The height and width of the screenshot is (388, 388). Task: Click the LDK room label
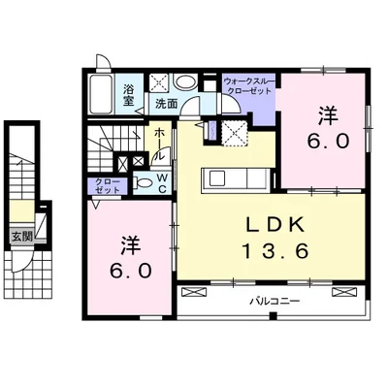click(x=275, y=224)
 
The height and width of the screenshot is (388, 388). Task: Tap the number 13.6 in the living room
click(x=275, y=251)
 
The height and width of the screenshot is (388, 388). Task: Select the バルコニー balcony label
click(x=275, y=302)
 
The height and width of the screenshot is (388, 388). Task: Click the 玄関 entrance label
click(x=21, y=237)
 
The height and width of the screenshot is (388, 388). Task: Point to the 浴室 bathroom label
click(x=128, y=95)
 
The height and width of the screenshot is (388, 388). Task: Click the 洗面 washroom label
click(x=167, y=104)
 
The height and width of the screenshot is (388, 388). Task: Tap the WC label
click(x=162, y=183)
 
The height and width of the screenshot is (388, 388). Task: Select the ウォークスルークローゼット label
click(x=249, y=85)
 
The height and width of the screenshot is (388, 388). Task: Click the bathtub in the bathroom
click(x=101, y=94)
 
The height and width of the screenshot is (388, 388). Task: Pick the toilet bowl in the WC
click(x=143, y=183)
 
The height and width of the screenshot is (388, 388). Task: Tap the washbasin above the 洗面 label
click(x=185, y=82)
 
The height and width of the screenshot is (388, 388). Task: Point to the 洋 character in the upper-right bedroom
click(x=328, y=116)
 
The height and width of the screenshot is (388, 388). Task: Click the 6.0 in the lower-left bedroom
click(x=131, y=271)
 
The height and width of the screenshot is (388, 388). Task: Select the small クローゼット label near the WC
click(x=108, y=185)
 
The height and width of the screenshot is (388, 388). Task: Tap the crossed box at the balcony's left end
click(x=194, y=292)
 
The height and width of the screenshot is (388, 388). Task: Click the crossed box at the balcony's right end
click(x=344, y=292)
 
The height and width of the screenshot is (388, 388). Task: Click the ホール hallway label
click(x=159, y=145)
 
